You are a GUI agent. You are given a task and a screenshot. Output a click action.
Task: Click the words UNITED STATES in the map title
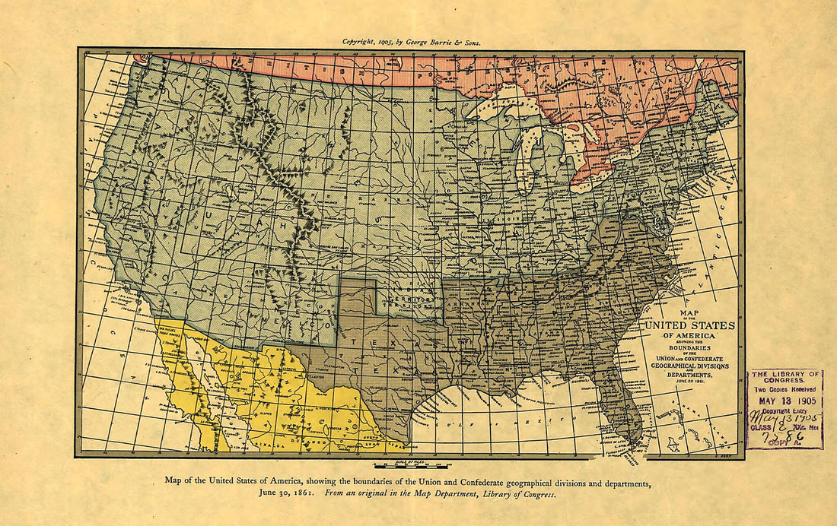(690, 325)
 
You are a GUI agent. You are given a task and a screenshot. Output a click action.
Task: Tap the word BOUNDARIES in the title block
(689, 349)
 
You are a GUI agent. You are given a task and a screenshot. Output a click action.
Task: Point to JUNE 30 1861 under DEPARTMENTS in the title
(690, 382)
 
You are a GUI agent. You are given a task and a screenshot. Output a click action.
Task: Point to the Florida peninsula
(620, 403)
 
